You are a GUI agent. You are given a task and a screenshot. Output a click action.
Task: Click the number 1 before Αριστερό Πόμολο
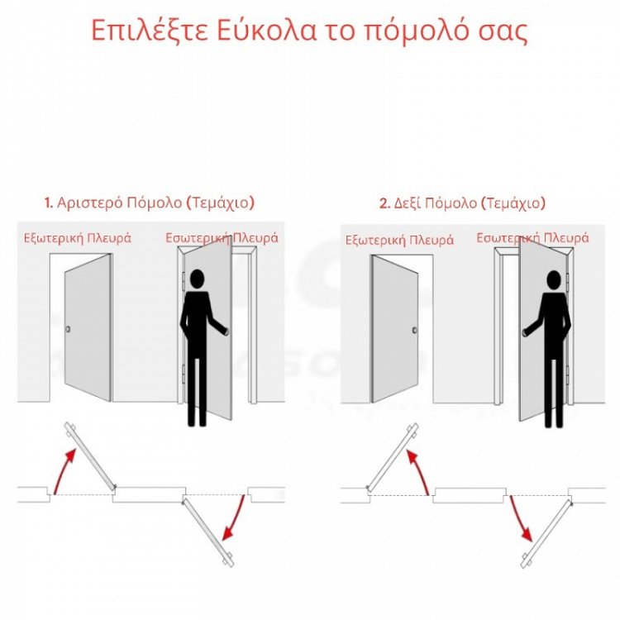pyautogui.click(x=48, y=203)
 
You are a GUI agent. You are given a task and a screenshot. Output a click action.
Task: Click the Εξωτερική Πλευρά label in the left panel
pyautogui.click(x=77, y=238)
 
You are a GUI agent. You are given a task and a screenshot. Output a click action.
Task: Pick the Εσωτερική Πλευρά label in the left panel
pyautogui.click(x=221, y=237)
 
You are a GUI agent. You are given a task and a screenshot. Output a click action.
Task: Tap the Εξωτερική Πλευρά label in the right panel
pyautogui.click(x=399, y=241)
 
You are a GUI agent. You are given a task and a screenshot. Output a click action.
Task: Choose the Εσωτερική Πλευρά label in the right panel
pyautogui.click(x=534, y=238)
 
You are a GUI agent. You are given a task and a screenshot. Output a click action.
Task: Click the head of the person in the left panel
pyautogui.click(x=196, y=280)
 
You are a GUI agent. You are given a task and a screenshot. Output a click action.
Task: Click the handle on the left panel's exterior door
pyautogui.click(x=69, y=331)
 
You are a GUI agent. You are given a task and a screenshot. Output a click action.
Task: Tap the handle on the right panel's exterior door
pyautogui.click(x=415, y=331)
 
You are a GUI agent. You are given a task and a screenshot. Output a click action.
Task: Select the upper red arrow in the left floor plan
pyautogui.click(x=64, y=467)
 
